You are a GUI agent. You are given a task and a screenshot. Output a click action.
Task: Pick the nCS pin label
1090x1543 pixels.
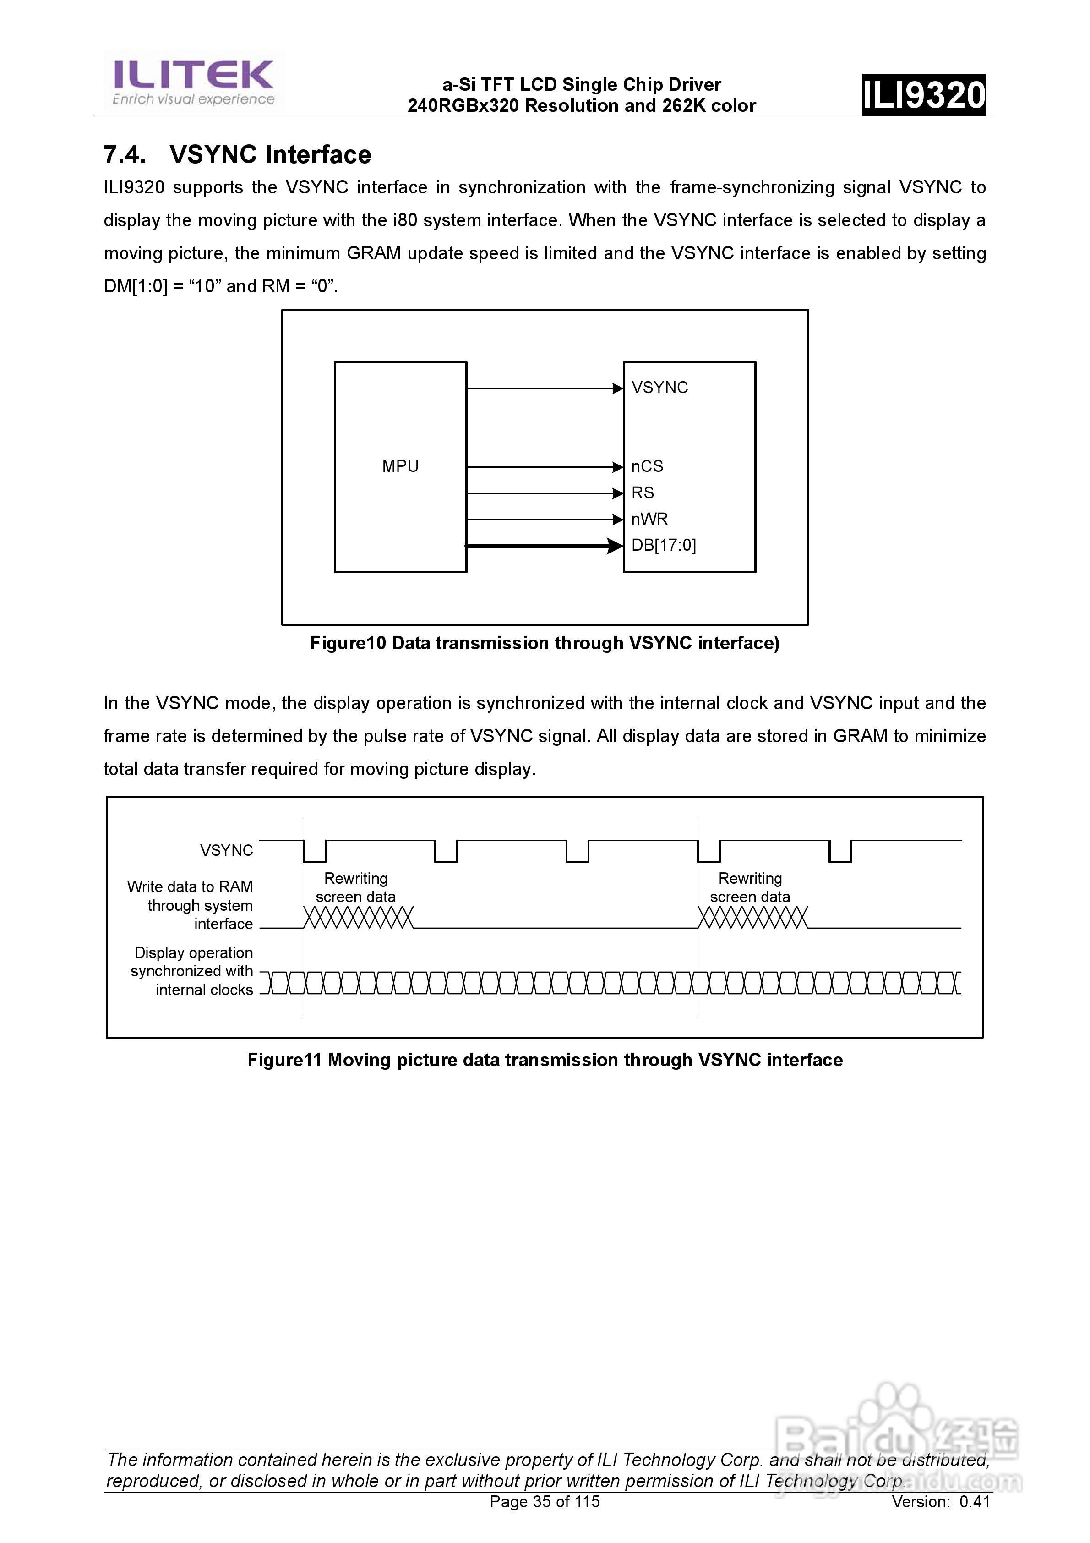pos(647,466)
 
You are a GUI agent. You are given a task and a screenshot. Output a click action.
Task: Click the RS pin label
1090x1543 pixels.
pos(643,492)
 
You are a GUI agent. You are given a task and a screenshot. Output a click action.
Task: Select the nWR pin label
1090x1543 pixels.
pos(649,519)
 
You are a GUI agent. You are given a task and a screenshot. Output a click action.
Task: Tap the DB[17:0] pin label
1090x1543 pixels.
pos(663,545)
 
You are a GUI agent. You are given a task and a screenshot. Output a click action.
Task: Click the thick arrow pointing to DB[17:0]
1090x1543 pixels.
pos(545,546)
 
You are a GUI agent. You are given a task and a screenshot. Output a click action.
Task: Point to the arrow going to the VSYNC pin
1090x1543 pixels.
pos(545,388)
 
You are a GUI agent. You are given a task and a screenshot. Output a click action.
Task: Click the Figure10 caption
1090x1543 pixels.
pos(545,643)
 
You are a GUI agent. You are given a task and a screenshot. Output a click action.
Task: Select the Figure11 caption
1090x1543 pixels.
pos(545,1060)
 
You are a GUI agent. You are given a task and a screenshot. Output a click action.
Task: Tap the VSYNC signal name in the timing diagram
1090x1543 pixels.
pos(226,850)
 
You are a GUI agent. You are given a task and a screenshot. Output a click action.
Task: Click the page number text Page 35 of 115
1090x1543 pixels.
pos(545,1501)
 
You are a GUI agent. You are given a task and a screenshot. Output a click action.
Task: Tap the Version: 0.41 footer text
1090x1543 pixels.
pos(940,1501)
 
